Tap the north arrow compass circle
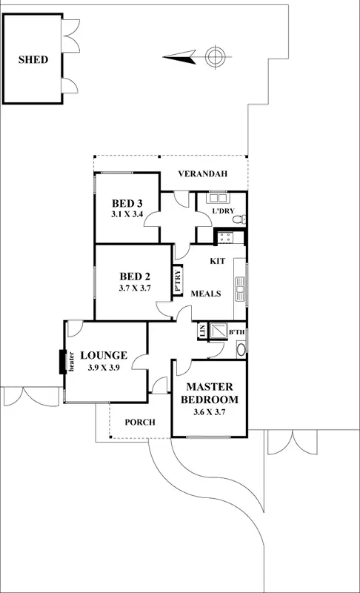tap(214, 55)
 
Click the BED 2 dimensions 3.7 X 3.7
tap(135, 288)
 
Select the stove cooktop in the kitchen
tap(224, 237)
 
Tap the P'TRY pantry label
tap(178, 281)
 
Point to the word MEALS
tap(206, 294)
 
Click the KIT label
tap(217, 262)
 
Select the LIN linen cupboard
tap(201, 331)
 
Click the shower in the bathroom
tap(219, 330)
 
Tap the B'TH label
tap(237, 333)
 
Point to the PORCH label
tap(140, 423)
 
